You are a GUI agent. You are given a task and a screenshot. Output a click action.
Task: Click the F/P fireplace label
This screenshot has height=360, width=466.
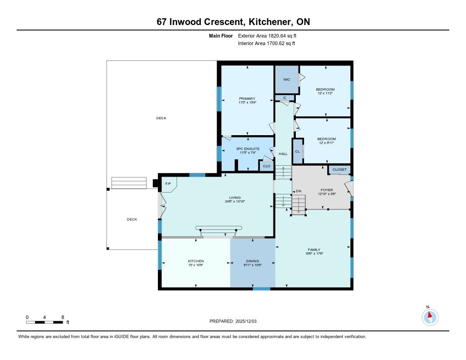[x=168, y=184]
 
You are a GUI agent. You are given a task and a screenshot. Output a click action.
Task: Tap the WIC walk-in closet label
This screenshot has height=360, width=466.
[x=287, y=79]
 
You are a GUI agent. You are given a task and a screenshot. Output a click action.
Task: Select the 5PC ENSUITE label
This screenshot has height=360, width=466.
[x=248, y=149]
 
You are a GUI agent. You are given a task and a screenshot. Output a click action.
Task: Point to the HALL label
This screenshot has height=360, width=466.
[x=283, y=154]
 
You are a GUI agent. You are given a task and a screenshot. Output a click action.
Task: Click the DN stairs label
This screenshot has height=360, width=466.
[x=299, y=191]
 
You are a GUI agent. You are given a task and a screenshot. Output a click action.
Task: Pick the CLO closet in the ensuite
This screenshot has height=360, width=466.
[x=267, y=166]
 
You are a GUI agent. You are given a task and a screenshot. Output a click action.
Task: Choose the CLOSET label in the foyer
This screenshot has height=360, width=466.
[x=339, y=169]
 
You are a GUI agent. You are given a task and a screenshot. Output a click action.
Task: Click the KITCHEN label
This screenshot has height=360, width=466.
[x=196, y=261]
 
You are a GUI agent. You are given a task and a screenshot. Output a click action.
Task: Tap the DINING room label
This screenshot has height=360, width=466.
[x=253, y=261]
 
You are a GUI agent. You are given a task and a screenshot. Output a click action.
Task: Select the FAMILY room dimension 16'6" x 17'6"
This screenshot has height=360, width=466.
[x=314, y=254]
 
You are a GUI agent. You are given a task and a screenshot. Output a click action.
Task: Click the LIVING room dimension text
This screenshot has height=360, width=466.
[x=235, y=201]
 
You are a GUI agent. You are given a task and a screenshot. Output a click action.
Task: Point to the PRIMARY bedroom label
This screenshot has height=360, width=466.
[x=247, y=98]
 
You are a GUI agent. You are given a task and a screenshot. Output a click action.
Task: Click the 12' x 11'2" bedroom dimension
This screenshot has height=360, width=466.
[x=325, y=93]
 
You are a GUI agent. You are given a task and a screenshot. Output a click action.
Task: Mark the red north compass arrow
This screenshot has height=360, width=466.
[x=430, y=315]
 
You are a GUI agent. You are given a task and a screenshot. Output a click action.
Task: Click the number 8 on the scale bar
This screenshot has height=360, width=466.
[x=63, y=317]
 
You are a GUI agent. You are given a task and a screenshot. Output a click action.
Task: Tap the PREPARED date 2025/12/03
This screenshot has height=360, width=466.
[x=246, y=321]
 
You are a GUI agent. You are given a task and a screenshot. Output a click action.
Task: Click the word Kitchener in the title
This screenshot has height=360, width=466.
[x=270, y=22]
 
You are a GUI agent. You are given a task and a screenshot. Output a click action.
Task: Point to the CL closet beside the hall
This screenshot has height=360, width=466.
[x=298, y=152]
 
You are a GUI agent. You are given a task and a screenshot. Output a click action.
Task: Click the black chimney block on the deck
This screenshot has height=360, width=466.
[x=155, y=183]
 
